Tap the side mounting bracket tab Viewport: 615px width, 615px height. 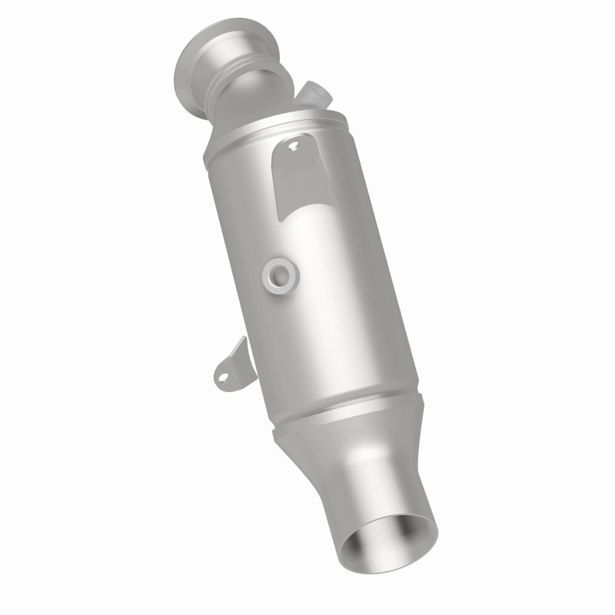(229, 367)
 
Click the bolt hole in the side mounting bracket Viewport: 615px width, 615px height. (223, 375)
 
